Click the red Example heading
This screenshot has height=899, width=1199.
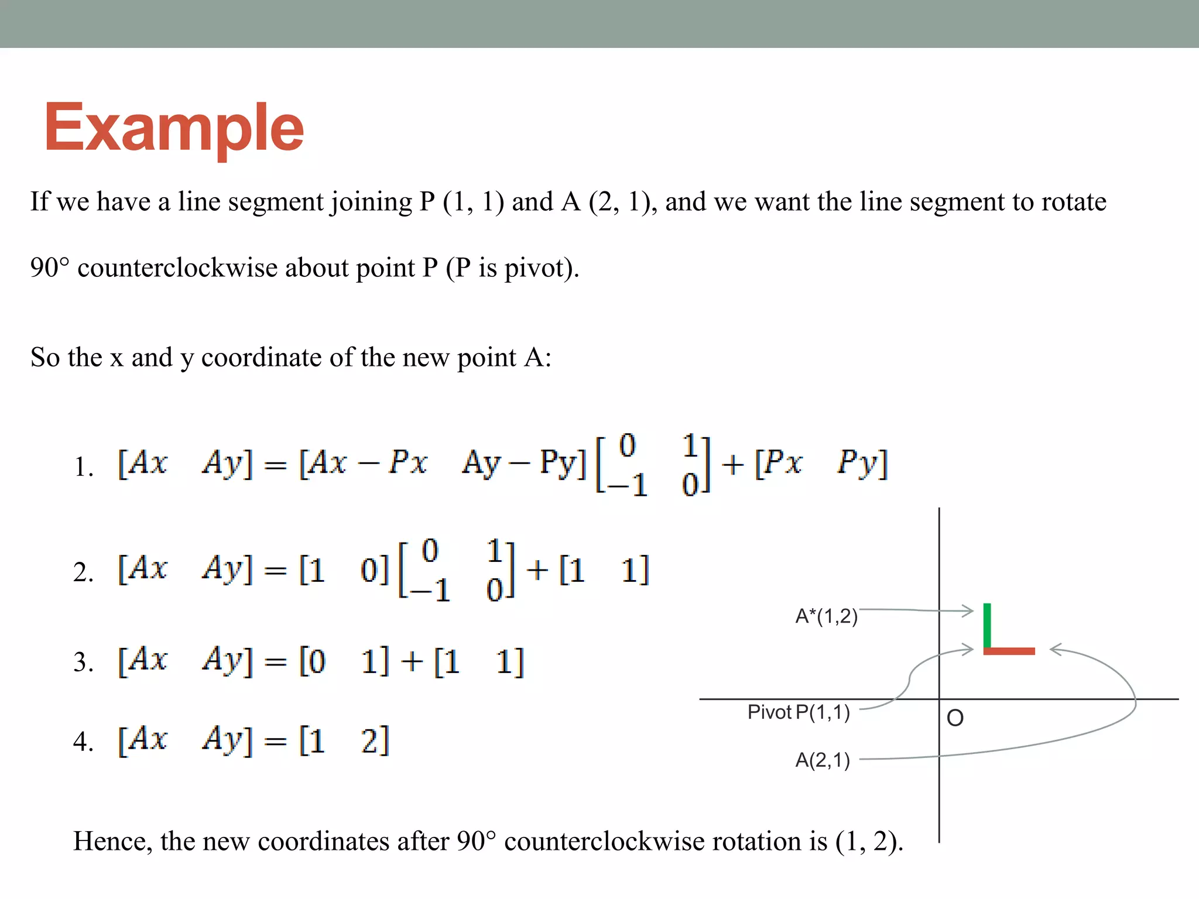pos(174,128)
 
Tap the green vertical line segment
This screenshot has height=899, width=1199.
pos(987,625)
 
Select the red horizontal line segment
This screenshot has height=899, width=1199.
pos(1009,651)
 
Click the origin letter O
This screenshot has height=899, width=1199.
pos(955,718)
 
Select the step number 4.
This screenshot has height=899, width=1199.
pos(83,742)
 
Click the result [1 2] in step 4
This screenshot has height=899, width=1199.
pos(344,740)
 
